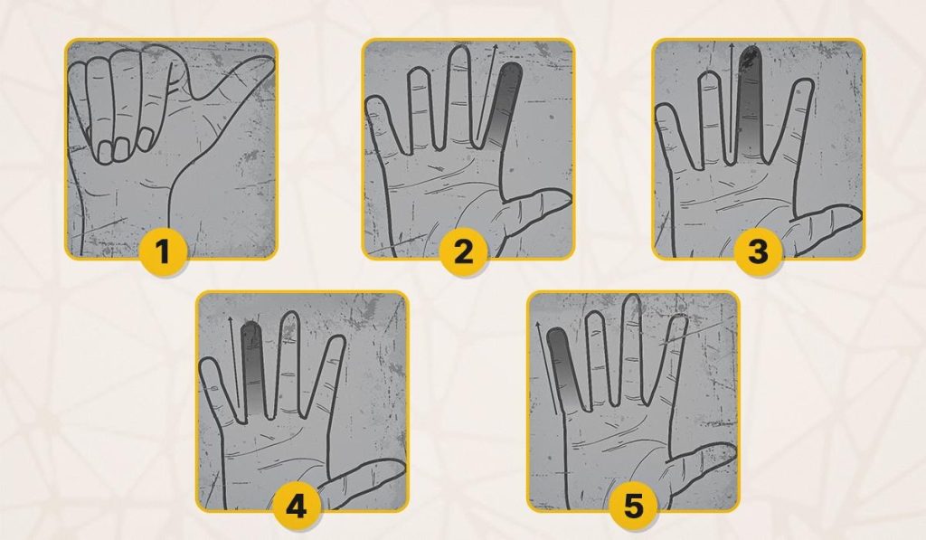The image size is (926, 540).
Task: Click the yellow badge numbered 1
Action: coord(164,251)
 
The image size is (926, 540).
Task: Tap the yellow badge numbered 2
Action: coord(464,251)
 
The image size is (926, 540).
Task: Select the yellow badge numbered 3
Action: coord(759,251)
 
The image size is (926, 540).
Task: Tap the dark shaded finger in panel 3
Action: coord(750,102)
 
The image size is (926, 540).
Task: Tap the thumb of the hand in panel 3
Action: coord(824,227)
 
